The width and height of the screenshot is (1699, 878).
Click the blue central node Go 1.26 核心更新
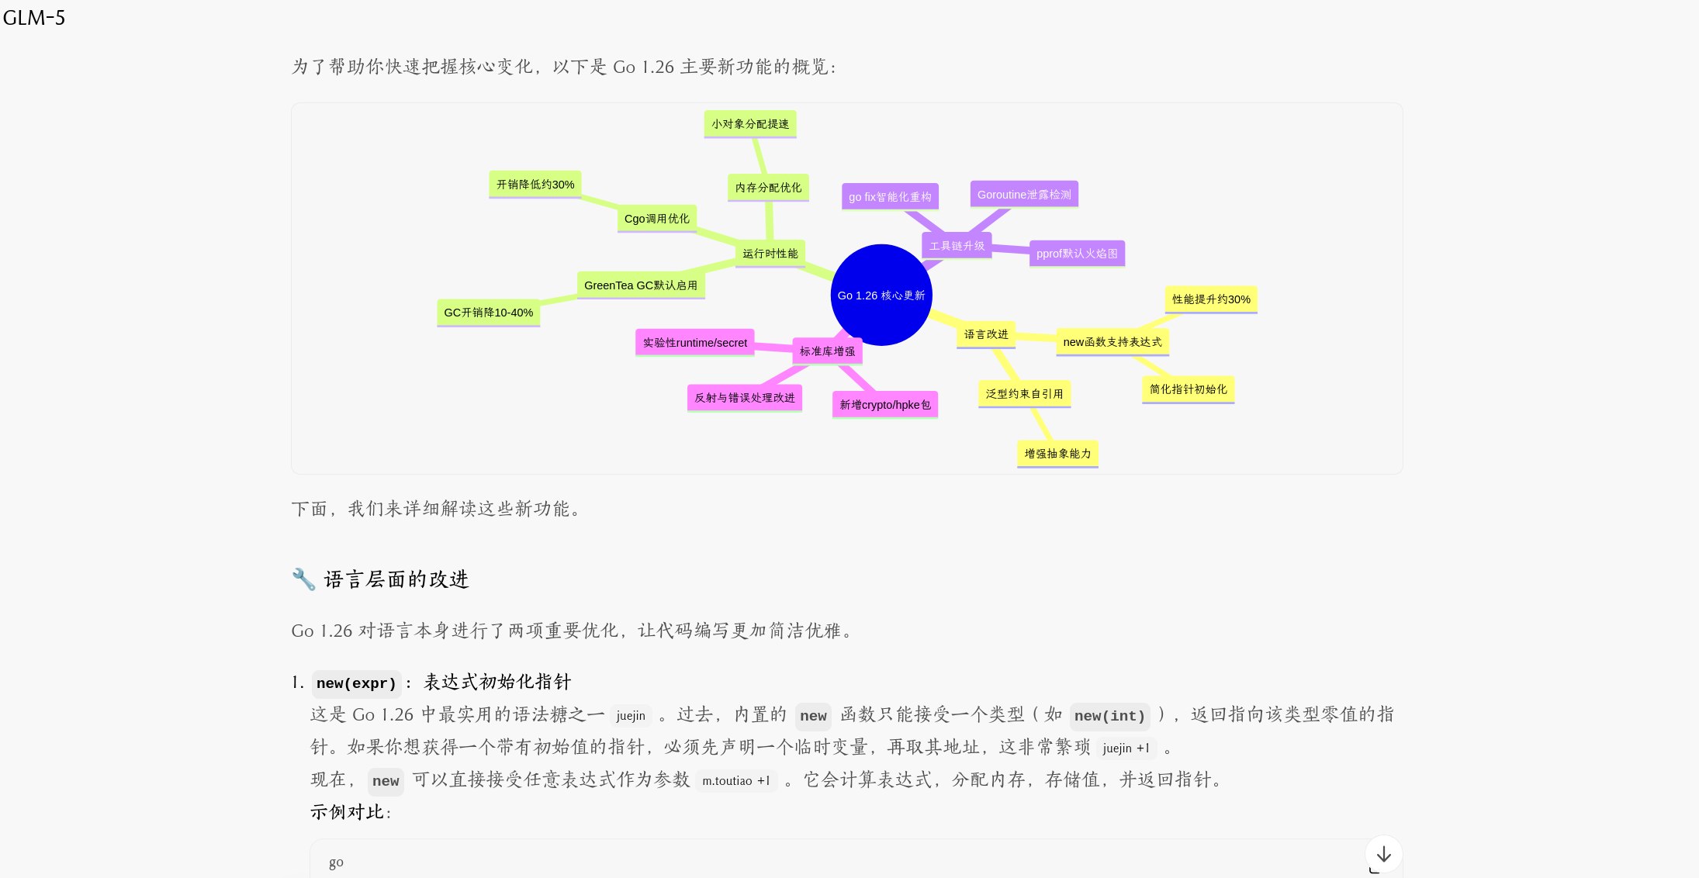click(x=881, y=295)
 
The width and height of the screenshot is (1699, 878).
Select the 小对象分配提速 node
click(x=750, y=124)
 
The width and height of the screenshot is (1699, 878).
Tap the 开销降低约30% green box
click(x=535, y=185)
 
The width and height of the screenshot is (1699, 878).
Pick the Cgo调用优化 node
click(x=656, y=219)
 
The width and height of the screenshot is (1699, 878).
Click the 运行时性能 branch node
click(x=770, y=254)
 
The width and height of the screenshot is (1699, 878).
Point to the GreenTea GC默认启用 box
click(x=640, y=285)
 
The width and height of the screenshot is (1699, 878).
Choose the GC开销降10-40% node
click(x=488, y=313)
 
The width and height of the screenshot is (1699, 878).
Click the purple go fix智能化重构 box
click(x=890, y=197)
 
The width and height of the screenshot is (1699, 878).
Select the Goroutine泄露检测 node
click(x=1024, y=195)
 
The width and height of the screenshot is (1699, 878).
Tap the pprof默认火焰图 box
click(x=1077, y=254)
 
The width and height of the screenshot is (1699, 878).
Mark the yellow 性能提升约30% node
click(x=1210, y=299)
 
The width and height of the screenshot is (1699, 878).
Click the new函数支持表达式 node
click(x=1112, y=342)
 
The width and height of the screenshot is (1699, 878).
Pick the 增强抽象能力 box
click(x=1057, y=454)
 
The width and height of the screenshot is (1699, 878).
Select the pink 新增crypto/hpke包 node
click(x=884, y=405)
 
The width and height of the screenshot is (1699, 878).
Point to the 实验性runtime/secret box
click(x=694, y=343)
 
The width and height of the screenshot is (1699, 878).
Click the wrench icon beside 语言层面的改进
click(x=303, y=579)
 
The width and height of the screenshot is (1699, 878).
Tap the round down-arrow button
click(x=1383, y=854)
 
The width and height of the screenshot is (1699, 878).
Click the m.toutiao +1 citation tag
click(x=736, y=781)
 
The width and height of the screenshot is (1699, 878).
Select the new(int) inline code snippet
click(x=1109, y=716)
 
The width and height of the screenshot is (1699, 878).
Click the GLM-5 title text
click(x=34, y=18)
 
